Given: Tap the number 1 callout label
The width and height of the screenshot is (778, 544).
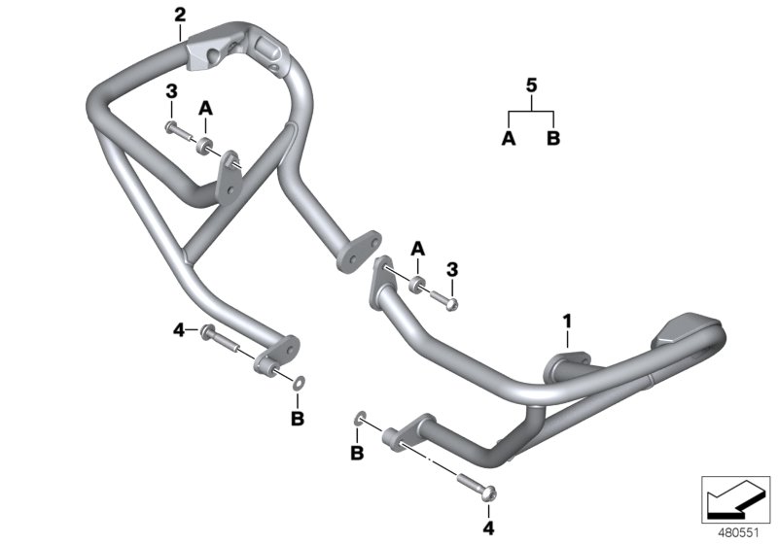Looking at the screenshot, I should point(565,319).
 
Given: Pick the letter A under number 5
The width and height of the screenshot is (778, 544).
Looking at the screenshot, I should point(508,140).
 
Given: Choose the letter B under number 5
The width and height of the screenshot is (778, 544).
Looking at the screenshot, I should point(553,140).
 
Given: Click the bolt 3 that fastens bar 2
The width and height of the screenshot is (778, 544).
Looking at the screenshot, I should point(175,129).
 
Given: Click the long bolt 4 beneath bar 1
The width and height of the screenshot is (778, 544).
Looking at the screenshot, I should point(479,482).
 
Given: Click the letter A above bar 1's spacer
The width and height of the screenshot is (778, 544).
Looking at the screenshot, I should point(417,249).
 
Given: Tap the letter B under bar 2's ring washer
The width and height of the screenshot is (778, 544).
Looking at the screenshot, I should point(299,418).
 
